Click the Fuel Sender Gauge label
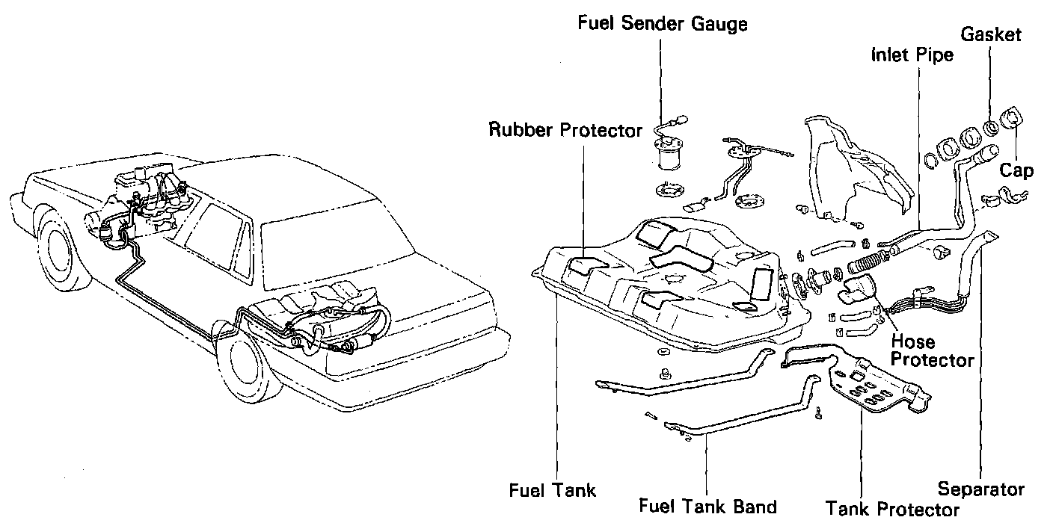pos(663,25)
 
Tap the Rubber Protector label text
pos(565,130)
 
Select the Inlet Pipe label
pos(912,55)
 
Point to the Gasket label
pos(991,35)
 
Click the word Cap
pos(1016,170)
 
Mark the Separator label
pos(980,489)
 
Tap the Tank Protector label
pos(892,509)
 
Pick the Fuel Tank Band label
pos(707,506)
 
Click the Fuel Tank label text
pos(553,490)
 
